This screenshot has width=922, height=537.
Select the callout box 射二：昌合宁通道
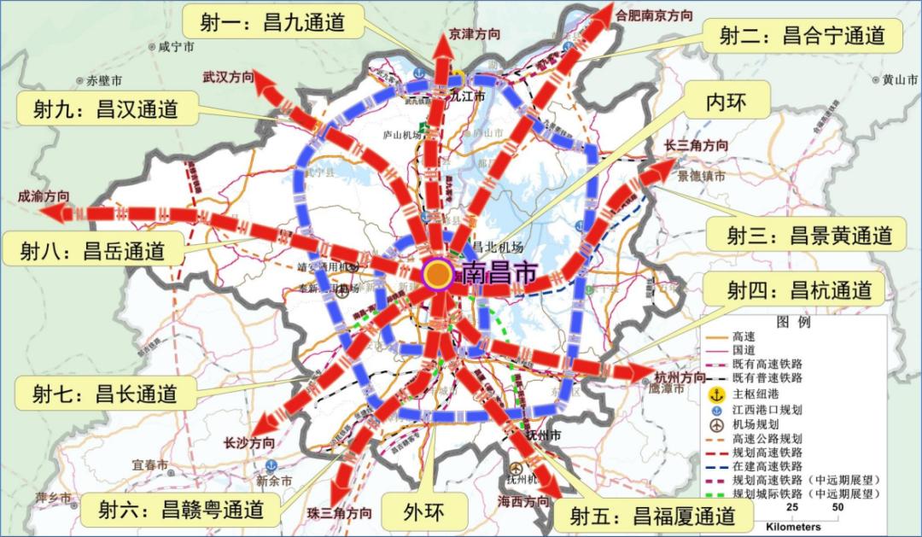[801, 35]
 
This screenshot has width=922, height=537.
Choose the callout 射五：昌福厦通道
[652, 516]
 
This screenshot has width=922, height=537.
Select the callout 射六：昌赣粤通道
[180, 511]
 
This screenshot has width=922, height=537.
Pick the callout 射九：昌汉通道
[106, 109]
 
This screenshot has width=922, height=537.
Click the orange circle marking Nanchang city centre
[438, 274]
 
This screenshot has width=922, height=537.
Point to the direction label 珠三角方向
[339, 513]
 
